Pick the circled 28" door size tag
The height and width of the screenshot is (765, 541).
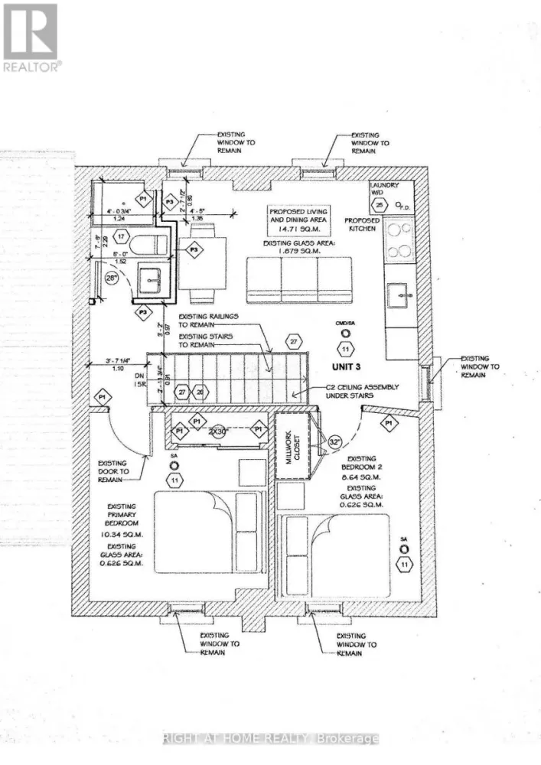pos(112,279)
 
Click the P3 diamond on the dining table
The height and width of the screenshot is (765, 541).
pos(195,249)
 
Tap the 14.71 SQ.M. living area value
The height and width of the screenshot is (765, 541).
pos(298,229)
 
